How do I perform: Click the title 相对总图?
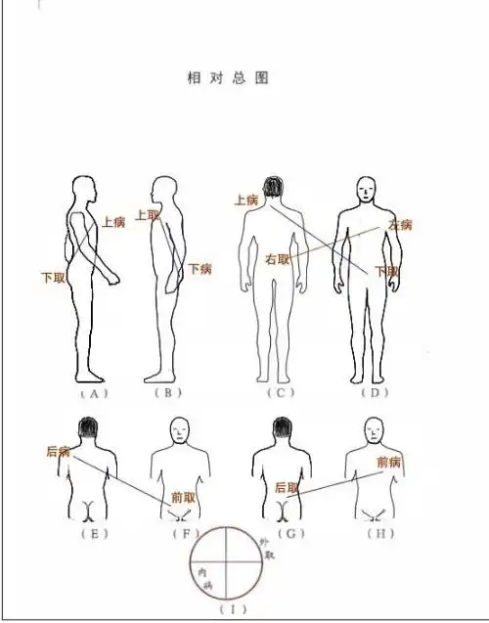[227, 76]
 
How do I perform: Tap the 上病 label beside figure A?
[113, 222]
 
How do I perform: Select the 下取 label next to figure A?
[53, 278]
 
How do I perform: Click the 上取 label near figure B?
[148, 215]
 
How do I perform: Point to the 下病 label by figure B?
[200, 269]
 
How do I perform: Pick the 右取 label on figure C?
[278, 259]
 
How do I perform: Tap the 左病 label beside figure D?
[400, 225]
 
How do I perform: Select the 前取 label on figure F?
[183, 497]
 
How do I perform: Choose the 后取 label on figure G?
[287, 487]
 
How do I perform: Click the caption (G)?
[286, 534]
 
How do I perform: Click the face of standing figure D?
[366, 190]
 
